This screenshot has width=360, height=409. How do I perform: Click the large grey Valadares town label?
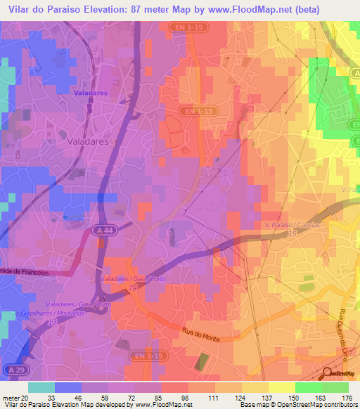coord(87,141)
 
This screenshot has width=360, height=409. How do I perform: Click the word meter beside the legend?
coord(9,397)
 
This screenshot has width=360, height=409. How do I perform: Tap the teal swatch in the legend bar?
coord(41,387)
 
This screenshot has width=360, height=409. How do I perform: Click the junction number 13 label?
coord(51,321)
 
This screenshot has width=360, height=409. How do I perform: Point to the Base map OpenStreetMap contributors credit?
coord(297,405)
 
